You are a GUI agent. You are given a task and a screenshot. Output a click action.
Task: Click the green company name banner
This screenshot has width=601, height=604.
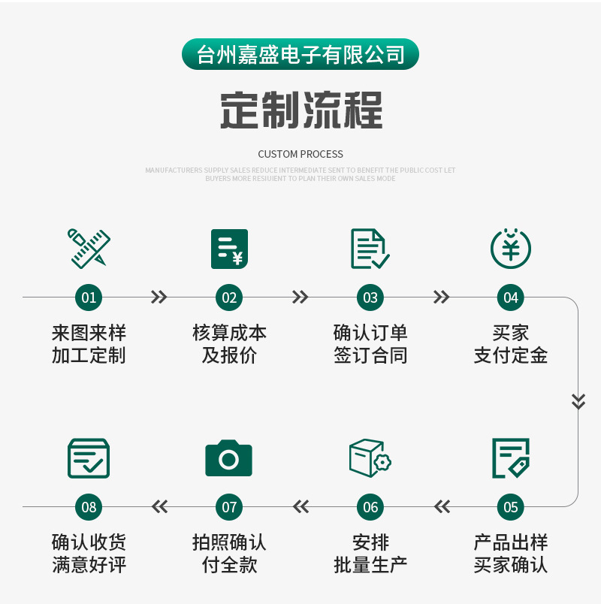pos(300,54)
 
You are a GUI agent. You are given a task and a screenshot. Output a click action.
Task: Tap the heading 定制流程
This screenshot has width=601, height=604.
pos(301,110)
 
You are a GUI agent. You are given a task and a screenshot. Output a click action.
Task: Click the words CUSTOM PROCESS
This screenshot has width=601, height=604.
pos(300,154)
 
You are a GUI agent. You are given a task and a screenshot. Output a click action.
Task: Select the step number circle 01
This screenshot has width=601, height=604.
pos(89,297)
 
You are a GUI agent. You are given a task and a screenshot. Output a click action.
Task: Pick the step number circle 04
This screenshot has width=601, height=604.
pos(511,297)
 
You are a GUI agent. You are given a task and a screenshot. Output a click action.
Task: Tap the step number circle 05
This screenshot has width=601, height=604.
pos(511,507)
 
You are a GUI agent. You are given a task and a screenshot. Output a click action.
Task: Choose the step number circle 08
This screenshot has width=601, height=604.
pos(89,507)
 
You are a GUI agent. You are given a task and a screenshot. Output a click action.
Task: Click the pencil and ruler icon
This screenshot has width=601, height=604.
pos(89,249)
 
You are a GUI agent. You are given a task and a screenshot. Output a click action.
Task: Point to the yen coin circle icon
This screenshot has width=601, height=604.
pos(511,249)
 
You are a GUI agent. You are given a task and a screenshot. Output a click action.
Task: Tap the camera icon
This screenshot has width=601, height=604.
pos(229,458)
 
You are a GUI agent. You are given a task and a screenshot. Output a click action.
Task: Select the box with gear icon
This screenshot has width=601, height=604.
pos(370,458)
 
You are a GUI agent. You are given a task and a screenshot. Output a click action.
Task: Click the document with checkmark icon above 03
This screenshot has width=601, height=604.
pos(370,249)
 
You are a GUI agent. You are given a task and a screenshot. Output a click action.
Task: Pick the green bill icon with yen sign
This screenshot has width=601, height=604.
pos(229,249)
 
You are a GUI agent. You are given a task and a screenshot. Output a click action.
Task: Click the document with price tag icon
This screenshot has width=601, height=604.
pos(511,458)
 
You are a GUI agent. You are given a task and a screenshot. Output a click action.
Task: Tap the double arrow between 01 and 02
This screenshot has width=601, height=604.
pos(159,297)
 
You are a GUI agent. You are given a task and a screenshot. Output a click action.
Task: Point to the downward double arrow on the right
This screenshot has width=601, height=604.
pos(578,401)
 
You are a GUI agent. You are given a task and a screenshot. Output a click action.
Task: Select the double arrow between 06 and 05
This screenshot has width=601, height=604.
pos(442,506)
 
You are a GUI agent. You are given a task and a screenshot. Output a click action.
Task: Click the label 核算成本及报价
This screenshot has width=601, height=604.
pos(229,344)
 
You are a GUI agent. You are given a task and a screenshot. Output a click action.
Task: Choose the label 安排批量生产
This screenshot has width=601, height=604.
pos(370,554)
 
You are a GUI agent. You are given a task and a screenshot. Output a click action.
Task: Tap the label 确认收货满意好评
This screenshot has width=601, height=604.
pos(89,554)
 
